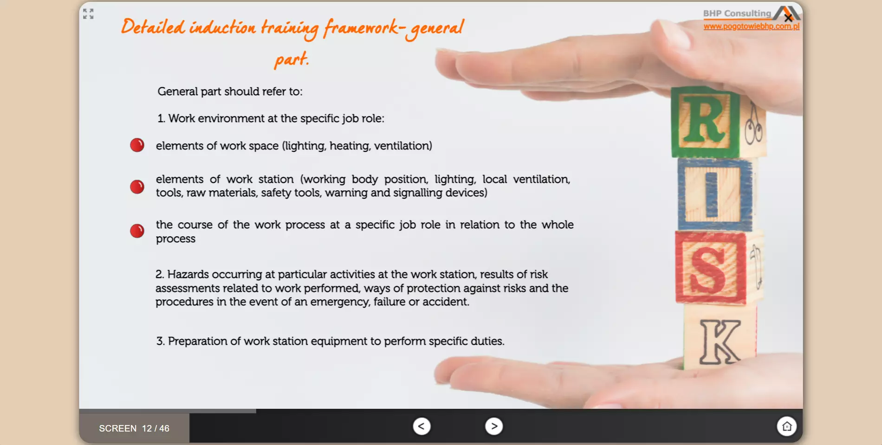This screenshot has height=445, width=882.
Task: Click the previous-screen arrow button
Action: pos(422,426)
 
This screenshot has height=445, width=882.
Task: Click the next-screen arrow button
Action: pos(494,426)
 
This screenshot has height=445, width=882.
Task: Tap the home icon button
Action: pos(787,426)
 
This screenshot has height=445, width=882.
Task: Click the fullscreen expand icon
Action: pos(88,14)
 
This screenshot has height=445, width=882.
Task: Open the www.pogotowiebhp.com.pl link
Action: pos(751,26)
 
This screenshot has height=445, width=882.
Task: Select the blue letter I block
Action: pos(714,194)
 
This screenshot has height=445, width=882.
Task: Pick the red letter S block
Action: pos(710,267)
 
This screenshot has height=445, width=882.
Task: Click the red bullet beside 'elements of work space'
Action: pos(137,145)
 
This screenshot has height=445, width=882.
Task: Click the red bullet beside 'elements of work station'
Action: pos(137,187)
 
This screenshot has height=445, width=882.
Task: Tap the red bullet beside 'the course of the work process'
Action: pos(137,231)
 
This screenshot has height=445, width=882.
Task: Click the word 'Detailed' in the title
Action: pos(153,26)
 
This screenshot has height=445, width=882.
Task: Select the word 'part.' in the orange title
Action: pos(292,59)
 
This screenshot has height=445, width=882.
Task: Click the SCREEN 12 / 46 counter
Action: pos(134,428)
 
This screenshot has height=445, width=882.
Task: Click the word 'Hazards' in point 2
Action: pos(188,274)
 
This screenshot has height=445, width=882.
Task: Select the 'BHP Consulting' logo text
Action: pos(737,13)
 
